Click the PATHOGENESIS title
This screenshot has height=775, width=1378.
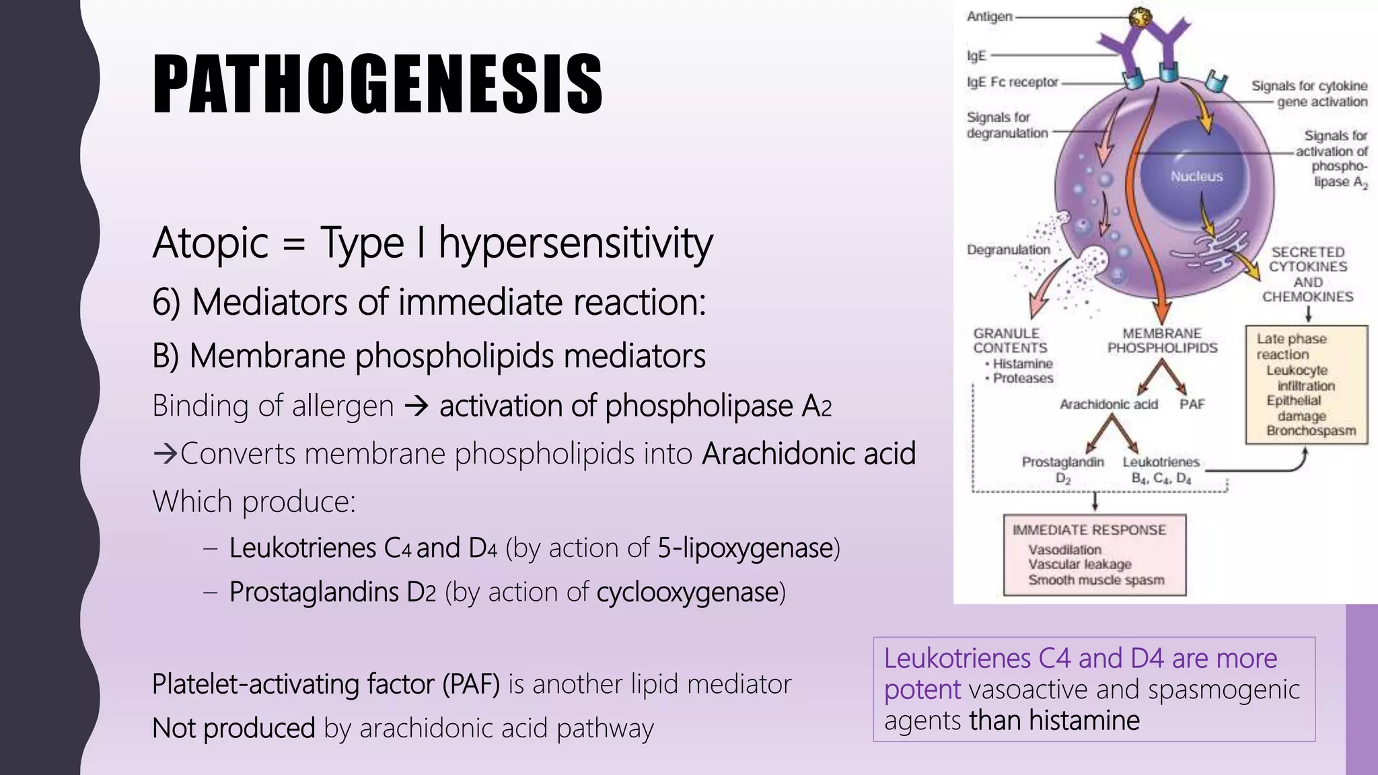click(x=377, y=84)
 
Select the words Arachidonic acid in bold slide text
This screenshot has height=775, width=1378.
click(x=808, y=453)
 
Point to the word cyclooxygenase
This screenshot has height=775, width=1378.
click(x=687, y=592)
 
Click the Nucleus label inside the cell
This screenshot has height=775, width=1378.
click(x=1196, y=176)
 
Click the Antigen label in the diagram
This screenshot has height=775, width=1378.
click(x=989, y=16)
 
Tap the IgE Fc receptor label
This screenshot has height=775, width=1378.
click(x=1012, y=82)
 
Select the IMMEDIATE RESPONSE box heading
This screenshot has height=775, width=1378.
click(x=1089, y=530)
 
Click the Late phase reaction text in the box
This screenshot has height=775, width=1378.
click(x=1291, y=346)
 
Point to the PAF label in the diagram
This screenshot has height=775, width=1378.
click(x=1192, y=404)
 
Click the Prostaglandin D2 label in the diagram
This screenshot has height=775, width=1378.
click(x=1062, y=470)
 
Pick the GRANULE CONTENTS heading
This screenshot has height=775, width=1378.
click(x=1009, y=340)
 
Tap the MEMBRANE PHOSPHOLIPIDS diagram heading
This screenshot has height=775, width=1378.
click(x=1162, y=340)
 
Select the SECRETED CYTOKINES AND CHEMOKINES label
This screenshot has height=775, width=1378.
click(x=1307, y=274)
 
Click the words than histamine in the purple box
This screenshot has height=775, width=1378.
click(x=1054, y=721)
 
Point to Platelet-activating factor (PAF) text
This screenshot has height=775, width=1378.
click(x=326, y=684)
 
